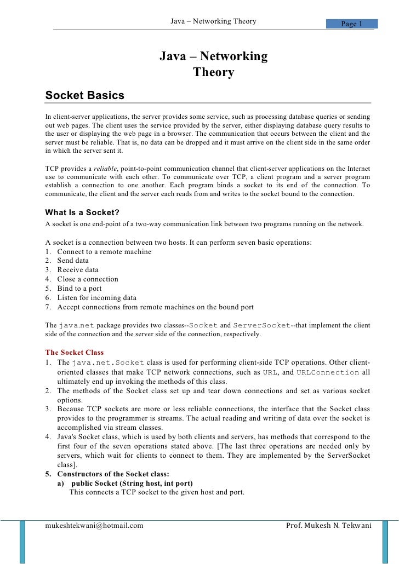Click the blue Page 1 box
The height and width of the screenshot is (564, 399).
pyautogui.click(x=352, y=24)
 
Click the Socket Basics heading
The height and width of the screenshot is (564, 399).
pyautogui.click(x=85, y=96)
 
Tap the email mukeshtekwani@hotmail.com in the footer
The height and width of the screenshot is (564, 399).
pyautogui.click(x=94, y=526)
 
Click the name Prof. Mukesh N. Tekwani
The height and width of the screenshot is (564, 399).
pyautogui.click(x=329, y=526)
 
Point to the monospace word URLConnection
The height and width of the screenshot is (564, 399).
pyautogui.click(x=328, y=372)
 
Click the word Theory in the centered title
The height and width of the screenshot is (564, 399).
pyautogui.click(x=213, y=72)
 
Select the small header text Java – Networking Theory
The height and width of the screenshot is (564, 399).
pyautogui.click(x=213, y=21)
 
